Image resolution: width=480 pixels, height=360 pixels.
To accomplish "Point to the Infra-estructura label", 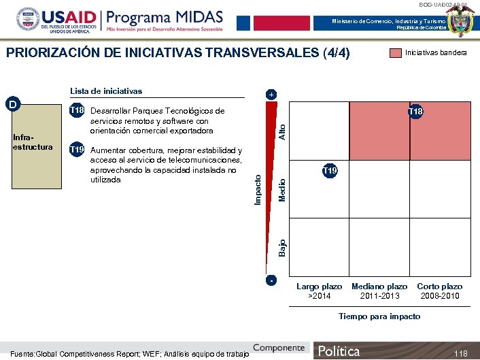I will (33, 142).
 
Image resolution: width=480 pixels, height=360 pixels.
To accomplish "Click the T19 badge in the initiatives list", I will (78, 150).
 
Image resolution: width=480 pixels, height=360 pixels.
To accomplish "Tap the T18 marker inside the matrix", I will (415, 112).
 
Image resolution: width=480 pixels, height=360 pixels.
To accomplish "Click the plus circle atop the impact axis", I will (271, 94).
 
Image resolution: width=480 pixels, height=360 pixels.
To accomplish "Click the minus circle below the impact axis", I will (271, 280).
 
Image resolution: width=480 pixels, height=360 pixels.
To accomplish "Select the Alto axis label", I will (283, 129).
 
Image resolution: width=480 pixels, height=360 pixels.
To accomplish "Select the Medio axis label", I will (283, 189).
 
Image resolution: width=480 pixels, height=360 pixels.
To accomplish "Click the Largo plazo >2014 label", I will (320, 291).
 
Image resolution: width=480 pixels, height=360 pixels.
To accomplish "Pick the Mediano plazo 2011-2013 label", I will (379, 291).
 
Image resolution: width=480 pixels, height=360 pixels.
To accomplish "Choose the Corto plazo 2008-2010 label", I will (439, 291).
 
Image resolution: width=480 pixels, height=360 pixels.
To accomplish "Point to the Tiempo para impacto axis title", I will (379, 316).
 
